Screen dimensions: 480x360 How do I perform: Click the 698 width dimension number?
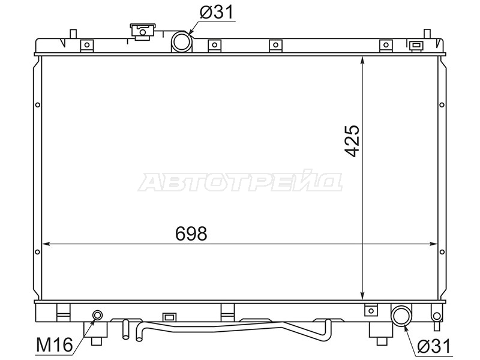pos(191,233)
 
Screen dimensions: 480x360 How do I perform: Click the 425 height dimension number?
pos(352,141)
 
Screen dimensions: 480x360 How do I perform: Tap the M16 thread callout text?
pos(55,344)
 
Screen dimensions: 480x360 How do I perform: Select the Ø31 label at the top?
pos(217,12)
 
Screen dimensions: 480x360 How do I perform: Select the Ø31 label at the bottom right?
pos(434,347)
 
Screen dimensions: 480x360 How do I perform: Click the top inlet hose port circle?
pos(182,41)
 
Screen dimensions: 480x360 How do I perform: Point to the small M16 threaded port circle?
pos(98,314)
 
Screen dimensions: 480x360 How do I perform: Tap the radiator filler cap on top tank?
pos(142,32)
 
